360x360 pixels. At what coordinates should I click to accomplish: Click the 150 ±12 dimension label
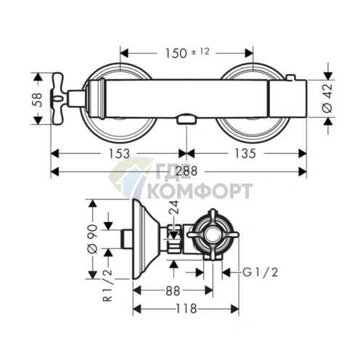coord(187,53)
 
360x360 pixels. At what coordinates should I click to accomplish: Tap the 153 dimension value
coord(119,154)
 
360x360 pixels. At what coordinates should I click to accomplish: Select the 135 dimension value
coord(245,154)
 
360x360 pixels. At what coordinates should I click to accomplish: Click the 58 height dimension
coord(38,99)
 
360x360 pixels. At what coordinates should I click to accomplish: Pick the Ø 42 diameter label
coord(327,99)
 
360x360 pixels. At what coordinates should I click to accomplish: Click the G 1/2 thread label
coord(260,273)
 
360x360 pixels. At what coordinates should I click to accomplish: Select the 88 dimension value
coord(173,291)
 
